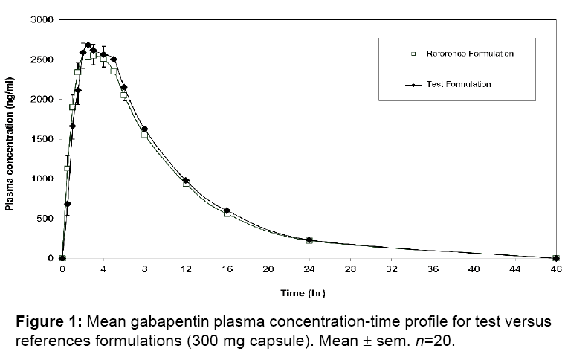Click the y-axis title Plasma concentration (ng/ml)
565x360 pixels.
(x=10, y=139)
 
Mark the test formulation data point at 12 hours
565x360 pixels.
(x=186, y=181)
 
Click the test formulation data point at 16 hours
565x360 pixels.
(x=227, y=211)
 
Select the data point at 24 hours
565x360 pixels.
(x=309, y=240)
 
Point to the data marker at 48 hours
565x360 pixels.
(x=555, y=258)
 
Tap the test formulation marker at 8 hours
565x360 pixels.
(x=144, y=129)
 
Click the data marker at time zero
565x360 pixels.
(x=62, y=258)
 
